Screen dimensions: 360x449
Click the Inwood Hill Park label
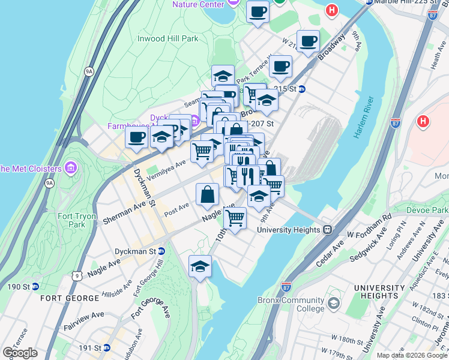coord(167,38)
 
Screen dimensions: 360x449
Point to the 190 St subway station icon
coord(35,286)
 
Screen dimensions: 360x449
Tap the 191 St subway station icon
coord(107,347)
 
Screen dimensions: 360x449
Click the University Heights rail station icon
coord(328,230)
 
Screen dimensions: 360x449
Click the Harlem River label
coord(364,118)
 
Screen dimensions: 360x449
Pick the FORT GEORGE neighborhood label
coord(70,298)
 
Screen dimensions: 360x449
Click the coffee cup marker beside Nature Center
coord(258,11)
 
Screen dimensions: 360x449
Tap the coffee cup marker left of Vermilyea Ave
coord(136,137)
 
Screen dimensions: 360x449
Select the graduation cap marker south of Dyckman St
coord(200,266)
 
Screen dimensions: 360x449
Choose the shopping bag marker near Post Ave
coord(207,194)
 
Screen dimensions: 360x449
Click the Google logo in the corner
coord(19,353)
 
